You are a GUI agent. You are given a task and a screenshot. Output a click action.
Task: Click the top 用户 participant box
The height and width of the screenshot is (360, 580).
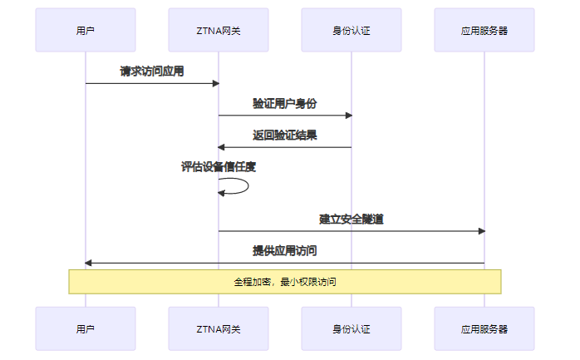(x=85, y=30)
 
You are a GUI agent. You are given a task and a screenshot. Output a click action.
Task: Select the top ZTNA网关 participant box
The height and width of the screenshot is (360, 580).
(x=218, y=30)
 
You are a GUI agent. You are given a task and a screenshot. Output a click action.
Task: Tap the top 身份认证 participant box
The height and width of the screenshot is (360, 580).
(x=351, y=30)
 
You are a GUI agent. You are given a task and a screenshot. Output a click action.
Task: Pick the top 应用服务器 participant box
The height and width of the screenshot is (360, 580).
(x=484, y=30)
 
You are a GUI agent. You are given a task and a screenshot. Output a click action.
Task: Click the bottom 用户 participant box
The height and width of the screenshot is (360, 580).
(x=85, y=328)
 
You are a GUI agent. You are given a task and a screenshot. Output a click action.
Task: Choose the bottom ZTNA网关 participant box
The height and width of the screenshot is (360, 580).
(x=218, y=328)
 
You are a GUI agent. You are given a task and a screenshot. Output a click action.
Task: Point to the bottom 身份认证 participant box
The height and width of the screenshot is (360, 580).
(x=351, y=328)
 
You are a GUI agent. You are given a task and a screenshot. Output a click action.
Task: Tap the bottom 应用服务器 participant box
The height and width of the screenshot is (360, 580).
(x=484, y=328)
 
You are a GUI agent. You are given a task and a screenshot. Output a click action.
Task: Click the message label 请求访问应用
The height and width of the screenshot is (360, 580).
(x=151, y=72)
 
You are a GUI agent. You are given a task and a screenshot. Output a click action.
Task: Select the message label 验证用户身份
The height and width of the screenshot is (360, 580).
(x=284, y=104)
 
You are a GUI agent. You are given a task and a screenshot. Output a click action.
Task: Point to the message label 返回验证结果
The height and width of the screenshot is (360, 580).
(x=284, y=136)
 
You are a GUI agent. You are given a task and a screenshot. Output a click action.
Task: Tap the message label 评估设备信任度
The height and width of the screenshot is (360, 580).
(x=218, y=167)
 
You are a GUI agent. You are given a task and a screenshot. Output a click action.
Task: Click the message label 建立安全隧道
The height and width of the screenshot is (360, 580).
(x=351, y=219)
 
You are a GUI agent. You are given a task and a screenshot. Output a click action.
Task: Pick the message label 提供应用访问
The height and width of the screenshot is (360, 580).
(x=284, y=251)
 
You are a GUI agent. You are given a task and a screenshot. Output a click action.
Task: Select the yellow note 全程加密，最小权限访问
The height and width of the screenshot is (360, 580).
(x=284, y=282)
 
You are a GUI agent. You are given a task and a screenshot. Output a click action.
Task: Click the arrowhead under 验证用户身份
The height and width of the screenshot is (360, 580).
(x=348, y=116)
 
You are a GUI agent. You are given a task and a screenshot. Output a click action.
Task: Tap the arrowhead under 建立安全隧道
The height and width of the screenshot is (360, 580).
(x=481, y=231)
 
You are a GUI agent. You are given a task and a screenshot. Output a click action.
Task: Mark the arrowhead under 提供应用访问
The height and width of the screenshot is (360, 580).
(x=88, y=263)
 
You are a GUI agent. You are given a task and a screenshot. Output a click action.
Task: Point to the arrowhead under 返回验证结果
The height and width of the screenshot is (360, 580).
(x=221, y=147)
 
